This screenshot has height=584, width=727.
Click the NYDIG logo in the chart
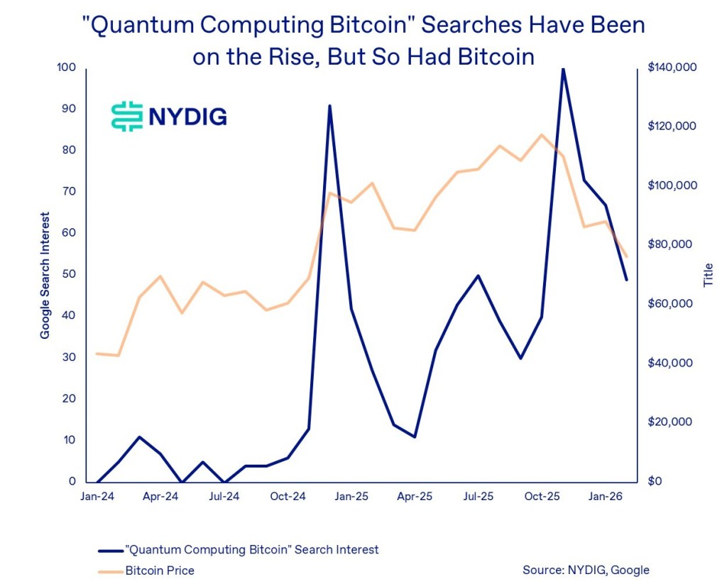point(169,116)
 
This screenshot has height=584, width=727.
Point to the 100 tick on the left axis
point(67,67)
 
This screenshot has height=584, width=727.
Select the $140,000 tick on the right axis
point(672,67)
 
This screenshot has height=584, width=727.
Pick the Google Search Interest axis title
point(45,275)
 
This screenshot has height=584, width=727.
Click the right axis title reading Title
point(707,275)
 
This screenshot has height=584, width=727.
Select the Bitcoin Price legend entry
point(160,570)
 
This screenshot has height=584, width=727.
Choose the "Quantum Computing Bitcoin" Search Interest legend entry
point(251,549)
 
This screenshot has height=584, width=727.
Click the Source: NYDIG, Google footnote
point(586,570)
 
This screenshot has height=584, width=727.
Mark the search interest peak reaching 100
point(563,69)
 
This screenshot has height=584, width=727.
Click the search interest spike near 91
point(329,105)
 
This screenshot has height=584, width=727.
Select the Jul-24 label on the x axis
point(224,497)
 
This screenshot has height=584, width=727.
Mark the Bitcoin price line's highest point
point(542,134)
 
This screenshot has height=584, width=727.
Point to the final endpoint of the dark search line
point(626,279)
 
